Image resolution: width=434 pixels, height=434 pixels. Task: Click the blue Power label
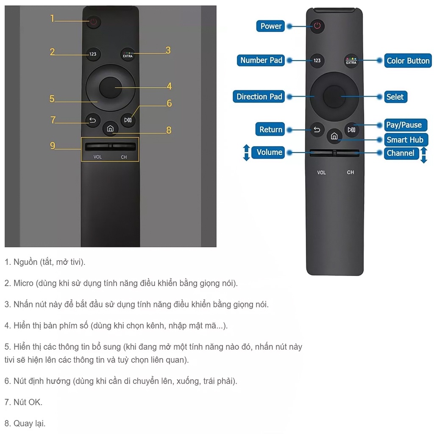click(x=270, y=26)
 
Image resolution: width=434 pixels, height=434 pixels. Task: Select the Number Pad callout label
click(x=261, y=60)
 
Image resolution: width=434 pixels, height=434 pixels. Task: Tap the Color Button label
click(x=408, y=61)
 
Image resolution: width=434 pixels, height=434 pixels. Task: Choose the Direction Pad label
click(x=259, y=97)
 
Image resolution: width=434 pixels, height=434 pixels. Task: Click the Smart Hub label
click(x=404, y=140)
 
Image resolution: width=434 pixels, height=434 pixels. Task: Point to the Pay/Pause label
click(x=403, y=125)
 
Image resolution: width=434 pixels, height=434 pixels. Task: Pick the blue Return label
click(x=270, y=130)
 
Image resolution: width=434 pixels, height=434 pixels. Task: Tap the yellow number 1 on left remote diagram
click(x=53, y=18)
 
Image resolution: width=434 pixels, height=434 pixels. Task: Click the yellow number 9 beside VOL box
click(x=53, y=146)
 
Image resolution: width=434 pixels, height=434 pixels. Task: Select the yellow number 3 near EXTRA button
click(x=168, y=50)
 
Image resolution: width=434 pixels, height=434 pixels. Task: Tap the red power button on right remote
click(x=317, y=26)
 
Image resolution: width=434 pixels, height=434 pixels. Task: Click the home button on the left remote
click(x=110, y=129)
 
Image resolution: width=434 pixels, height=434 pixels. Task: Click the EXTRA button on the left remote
click(x=128, y=54)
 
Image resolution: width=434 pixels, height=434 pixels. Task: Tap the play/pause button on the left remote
click(x=128, y=120)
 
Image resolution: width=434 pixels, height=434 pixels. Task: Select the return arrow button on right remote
click(x=317, y=130)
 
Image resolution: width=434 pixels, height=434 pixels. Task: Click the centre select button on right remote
click(x=334, y=97)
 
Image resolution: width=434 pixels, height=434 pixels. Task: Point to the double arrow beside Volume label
click(x=246, y=153)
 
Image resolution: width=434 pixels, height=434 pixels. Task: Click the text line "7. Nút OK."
click(x=23, y=402)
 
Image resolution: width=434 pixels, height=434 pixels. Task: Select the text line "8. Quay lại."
click(x=25, y=423)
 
